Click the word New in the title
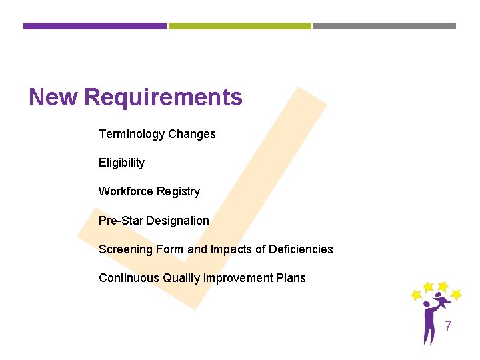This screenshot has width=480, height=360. click(x=54, y=98)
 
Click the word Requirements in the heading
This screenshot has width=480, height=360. click(x=163, y=98)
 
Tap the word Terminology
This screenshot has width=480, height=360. click(x=131, y=134)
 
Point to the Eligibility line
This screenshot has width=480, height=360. click(x=121, y=163)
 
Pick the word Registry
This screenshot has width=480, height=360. click(x=179, y=191)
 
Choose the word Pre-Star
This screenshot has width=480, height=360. click(x=120, y=221)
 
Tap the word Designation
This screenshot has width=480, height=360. click(x=178, y=221)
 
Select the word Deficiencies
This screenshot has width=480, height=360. click(x=301, y=249)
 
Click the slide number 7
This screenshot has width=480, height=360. click(x=448, y=326)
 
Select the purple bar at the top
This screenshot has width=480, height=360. click(x=95, y=26)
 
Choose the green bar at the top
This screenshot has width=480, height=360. click(x=239, y=26)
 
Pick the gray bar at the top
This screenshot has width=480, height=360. click(x=385, y=26)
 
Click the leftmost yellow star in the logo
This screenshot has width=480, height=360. click(x=416, y=294)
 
